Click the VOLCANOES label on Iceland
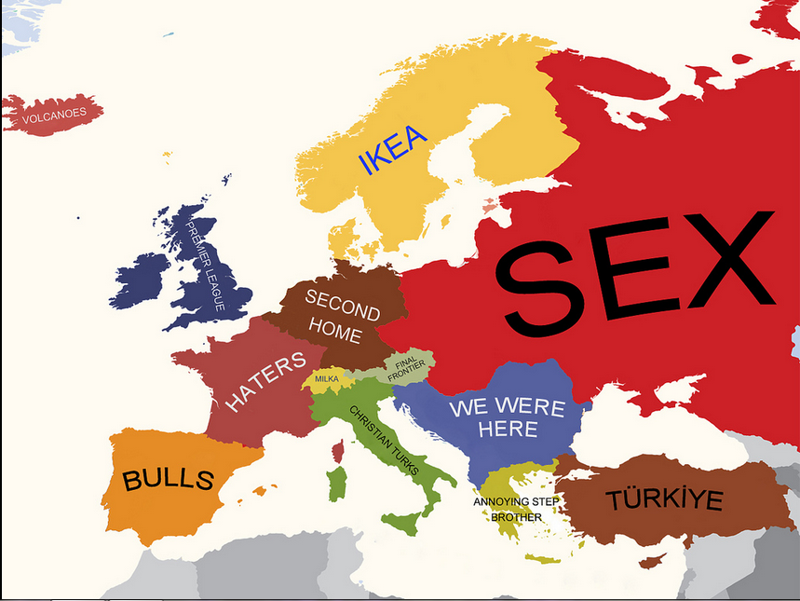point(54,114)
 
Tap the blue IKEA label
point(392,150)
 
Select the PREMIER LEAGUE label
point(205,266)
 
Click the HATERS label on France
point(265,382)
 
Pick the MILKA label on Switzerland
point(327,379)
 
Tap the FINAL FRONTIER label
point(406,369)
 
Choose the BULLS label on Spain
point(169,480)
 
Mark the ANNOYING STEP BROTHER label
point(516,509)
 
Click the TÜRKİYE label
point(664,499)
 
